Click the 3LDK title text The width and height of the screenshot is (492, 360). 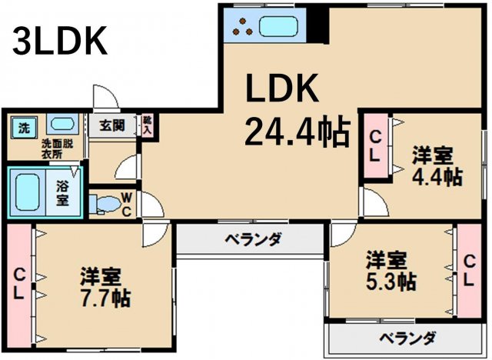tap(58, 43)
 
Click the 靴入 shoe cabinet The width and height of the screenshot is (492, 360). tap(147, 125)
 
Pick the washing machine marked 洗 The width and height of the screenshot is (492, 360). tap(25, 125)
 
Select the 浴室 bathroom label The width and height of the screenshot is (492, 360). tap(61, 192)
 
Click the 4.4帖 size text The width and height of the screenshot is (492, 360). tap(435, 176)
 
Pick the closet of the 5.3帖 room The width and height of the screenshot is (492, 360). tap(467, 271)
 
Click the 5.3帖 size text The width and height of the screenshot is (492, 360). tap(390, 278)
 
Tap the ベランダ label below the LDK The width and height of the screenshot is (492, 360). tap(252, 239)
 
